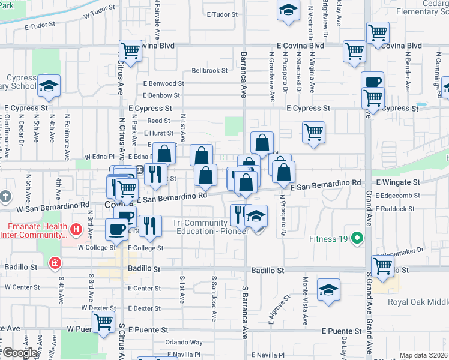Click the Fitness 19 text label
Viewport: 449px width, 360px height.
pyautogui.click(x=329, y=239)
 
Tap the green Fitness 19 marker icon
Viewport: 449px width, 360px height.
pyautogui.click(x=357, y=239)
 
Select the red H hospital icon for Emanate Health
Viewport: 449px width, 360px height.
pyautogui.click(x=76, y=229)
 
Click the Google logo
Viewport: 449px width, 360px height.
pyautogui.click(x=20, y=353)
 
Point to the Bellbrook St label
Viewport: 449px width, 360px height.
pyautogui.click(x=209, y=70)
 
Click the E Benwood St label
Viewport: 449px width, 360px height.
pyautogui.click(x=163, y=83)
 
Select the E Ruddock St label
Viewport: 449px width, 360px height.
pyautogui.click(x=395, y=209)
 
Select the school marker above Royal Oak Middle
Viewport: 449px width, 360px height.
pyautogui.click(x=328, y=290)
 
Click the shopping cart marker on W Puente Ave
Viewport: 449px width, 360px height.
pyautogui.click(x=104, y=323)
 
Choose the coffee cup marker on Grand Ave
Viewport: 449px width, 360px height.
pyautogui.click(x=372, y=82)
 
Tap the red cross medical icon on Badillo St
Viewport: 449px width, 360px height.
pyautogui.click(x=55, y=263)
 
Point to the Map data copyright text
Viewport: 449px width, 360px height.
pyautogui.click(x=424, y=355)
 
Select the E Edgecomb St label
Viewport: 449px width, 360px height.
pyautogui.click(x=397, y=195)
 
